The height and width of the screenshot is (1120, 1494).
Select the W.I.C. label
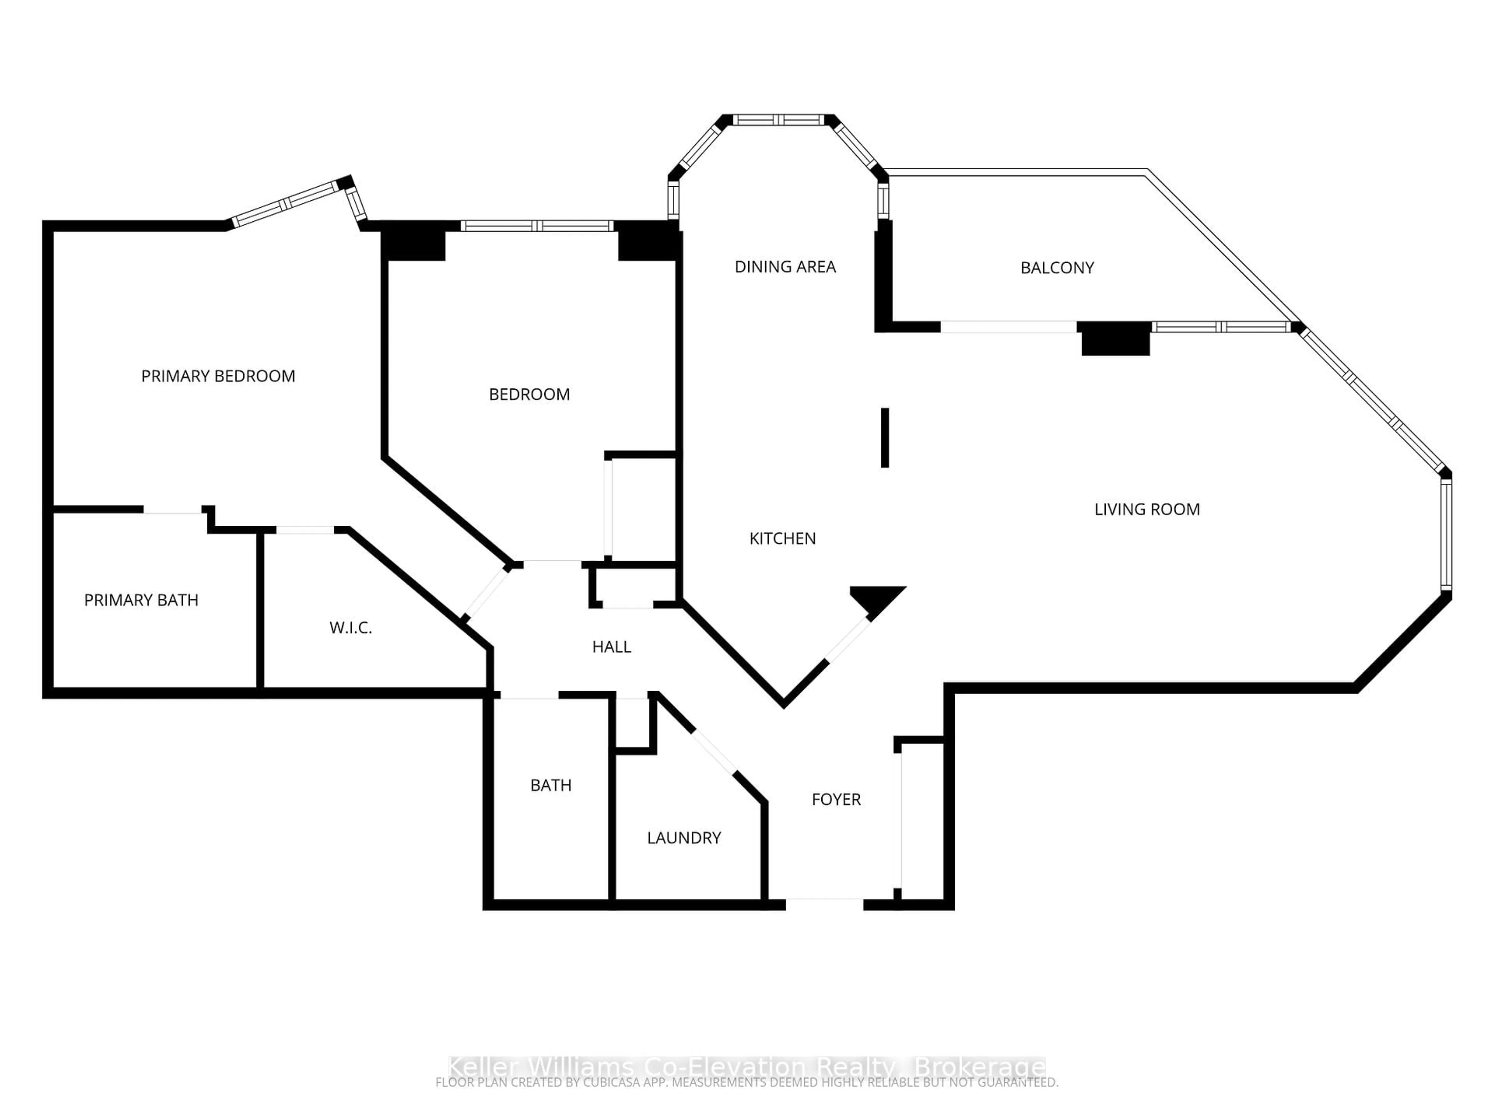pos(351,628)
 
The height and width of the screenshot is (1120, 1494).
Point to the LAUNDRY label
pos(684,838)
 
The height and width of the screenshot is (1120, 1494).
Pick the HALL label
pos(611,647)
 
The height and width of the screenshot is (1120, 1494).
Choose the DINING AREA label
pos(785,267)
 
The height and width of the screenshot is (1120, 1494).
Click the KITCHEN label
pos(782,538)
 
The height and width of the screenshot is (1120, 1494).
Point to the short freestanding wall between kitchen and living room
pos(885,437)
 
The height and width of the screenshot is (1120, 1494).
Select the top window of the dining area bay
pos(778,120)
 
